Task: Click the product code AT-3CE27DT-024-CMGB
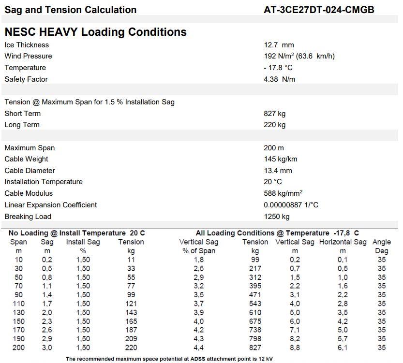(319, 10)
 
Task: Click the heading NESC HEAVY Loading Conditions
(95, 32)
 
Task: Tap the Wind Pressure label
(28, 56)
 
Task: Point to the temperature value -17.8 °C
(278, 68)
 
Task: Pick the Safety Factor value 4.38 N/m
(279, 79)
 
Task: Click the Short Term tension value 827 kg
(274, 114)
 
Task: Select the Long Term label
(22, 125)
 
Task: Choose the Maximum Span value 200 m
(274, 148)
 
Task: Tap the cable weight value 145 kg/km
(281, 159)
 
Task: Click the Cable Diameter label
(30, 171)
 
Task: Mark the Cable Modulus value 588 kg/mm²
(283, 193)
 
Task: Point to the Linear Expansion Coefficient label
(50, 205)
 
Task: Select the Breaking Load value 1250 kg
(277, 217)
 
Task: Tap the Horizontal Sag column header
(343, 242)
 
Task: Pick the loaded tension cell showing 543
(254, 304)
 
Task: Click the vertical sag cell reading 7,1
(295, 330)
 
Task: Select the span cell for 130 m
(18, 312)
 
